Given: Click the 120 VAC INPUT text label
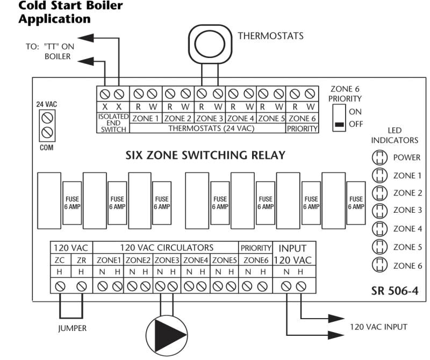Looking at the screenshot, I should [x=378, y=327].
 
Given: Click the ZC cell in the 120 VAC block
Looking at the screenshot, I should [x=61, y=260].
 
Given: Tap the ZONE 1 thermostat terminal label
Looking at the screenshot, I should [x=145, y=118].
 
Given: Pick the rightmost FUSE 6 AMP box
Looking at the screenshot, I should [x=354, y=202].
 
